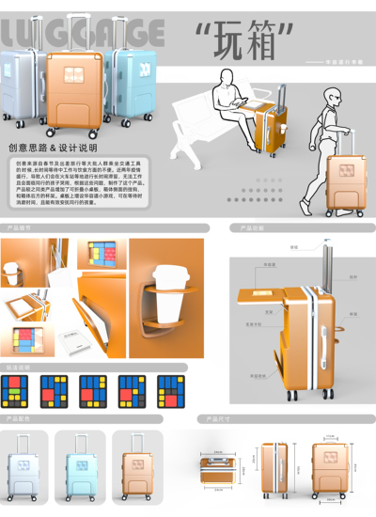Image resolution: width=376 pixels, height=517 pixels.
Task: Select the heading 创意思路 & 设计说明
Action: point(53,148)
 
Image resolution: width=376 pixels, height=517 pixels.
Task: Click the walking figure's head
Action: point(334,96)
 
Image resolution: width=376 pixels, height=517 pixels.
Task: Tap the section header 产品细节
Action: point(21,228)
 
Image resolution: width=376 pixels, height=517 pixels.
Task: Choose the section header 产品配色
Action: point(21,417)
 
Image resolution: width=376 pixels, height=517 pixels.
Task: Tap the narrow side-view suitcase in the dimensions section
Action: point(275,466)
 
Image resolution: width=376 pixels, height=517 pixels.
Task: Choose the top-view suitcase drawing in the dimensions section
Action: point(223,466)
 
